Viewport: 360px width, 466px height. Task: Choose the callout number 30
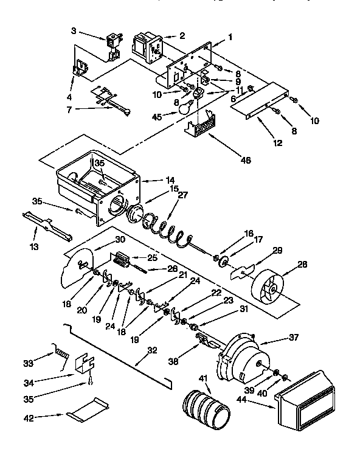(x=119, y=239)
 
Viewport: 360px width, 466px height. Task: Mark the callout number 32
(x=152, y=351)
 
